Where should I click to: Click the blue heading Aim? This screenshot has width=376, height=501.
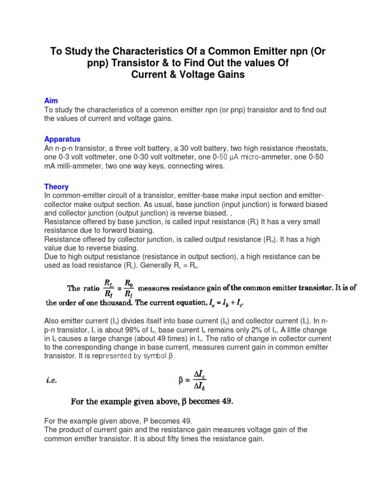[x=51, y=100]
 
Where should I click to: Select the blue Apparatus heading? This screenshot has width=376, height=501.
[x=62, y=139]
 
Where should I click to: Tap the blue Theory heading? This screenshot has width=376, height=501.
[x=56, y=186]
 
